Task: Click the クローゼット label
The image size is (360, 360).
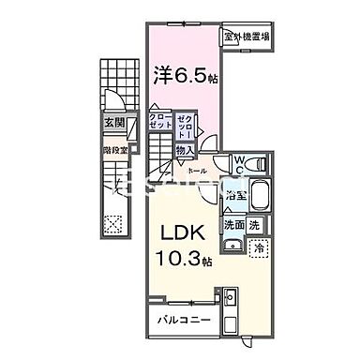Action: (159, 124)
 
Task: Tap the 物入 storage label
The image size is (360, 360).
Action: (185, 150)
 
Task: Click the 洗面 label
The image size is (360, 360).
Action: (233, 225)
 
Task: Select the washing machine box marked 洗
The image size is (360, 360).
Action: (255, 225)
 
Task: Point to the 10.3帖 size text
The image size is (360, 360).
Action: (184, 257)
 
